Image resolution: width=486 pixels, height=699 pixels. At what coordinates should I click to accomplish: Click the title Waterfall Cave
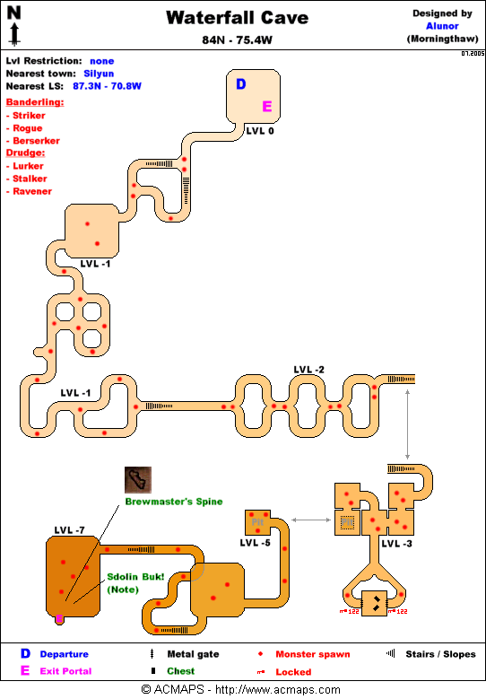(243, 18)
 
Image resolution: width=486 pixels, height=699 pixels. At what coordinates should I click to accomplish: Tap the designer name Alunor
(441, 26)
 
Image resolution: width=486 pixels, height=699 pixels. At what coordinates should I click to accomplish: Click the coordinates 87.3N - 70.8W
(107, 86)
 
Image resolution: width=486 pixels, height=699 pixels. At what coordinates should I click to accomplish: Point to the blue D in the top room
(240, 84)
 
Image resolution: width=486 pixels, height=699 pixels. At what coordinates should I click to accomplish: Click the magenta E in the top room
(266, 106)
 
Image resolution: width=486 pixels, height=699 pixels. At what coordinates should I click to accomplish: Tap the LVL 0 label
(260, 130)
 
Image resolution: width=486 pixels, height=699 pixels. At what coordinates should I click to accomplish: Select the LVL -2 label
(308, 370)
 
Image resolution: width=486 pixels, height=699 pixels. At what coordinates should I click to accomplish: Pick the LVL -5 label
(256, 543)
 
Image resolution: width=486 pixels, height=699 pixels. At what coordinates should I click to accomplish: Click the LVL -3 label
(396, 544)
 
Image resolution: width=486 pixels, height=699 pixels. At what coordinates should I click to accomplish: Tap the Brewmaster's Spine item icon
(137, 479)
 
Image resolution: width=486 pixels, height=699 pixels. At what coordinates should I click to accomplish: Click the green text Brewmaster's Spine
(173, 502)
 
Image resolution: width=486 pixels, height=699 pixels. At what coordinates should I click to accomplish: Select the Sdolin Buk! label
(135, 576)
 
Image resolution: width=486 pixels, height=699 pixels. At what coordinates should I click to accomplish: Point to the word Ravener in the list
(31, 191)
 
